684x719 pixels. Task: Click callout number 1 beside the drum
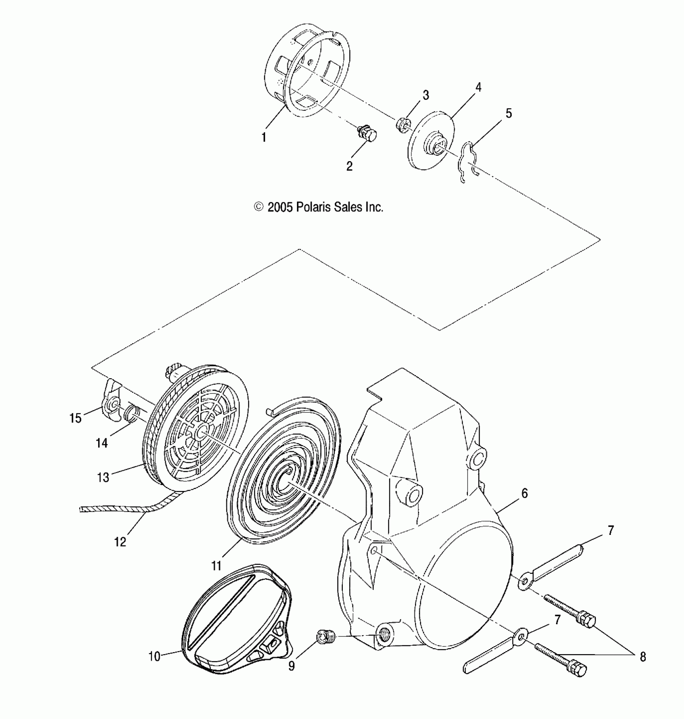click(x=264, y=138)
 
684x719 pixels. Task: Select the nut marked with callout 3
click(x=404, y=122)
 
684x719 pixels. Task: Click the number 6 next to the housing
click(x=524, y=493)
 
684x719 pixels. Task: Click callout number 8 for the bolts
click(x=643, y=657)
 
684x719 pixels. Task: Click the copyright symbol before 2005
click(x=259, y=207)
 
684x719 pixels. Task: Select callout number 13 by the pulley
click(x=103, y=477)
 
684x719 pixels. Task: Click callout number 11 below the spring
click(x=216, y=566)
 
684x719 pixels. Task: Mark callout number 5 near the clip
click(x=509, y=114)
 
